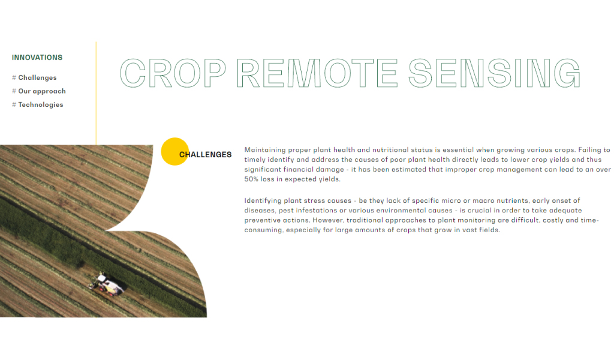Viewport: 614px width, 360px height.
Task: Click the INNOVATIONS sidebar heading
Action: coord(37,58)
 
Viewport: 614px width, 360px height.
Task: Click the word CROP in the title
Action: coord(173,73)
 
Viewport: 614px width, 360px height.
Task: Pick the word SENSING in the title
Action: coord(494,73)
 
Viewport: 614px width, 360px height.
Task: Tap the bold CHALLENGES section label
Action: coord(205,155)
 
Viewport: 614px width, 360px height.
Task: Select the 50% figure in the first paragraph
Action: coord(251,179)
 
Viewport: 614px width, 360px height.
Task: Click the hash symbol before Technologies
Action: coord(14,104)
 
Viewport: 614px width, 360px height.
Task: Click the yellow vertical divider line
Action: coord(96,93)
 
